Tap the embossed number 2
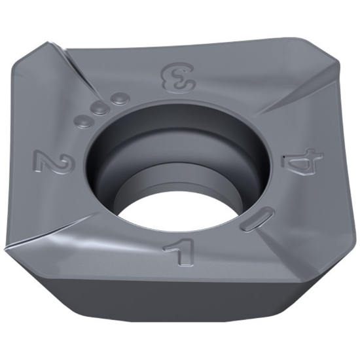click(47, 161)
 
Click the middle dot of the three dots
click(100, 109)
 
